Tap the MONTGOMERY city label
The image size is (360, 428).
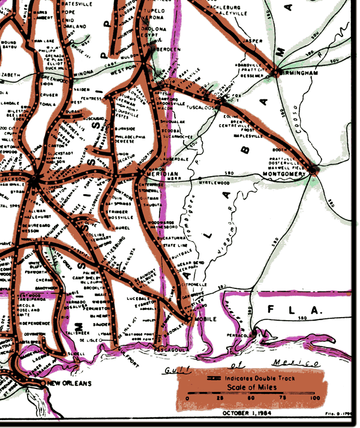pyautogui.click(x=284, y=174)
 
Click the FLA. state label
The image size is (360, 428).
pyautogui.click(x=295, y=311)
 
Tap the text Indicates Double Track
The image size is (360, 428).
pyautogui.click(x=271, y=380)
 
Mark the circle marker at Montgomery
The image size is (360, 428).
pyautogui.click(x=312, y=170)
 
